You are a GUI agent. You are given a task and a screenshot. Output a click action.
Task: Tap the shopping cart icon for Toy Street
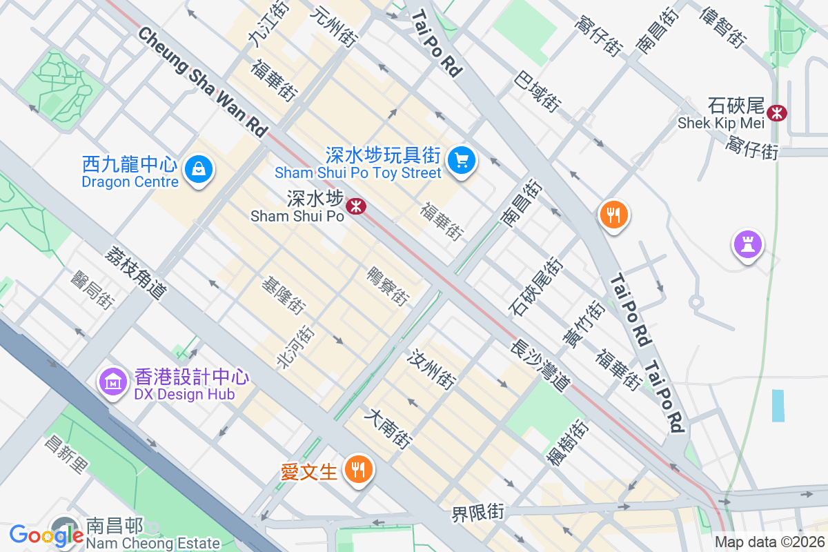tap(461, 161)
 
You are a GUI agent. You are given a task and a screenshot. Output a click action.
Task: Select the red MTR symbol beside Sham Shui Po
tap(356, 206)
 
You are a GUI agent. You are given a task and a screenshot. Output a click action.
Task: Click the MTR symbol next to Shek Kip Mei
tap(778, 111)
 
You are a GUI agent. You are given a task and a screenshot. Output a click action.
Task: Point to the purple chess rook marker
tap(748, 244)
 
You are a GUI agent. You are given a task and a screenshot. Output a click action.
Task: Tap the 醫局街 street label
tap(92, 289)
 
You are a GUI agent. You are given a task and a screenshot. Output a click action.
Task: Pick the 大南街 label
tap(391, 428)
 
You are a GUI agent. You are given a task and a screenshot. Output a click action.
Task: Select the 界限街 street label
tap(477, 513)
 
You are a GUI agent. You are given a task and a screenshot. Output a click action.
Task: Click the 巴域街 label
tap(536, 92)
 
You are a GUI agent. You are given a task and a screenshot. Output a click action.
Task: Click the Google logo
tap(46, 535)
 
